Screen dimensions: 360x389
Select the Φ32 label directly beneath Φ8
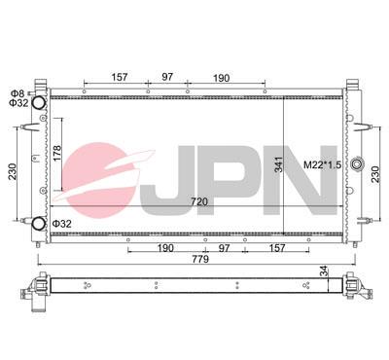[18, 102]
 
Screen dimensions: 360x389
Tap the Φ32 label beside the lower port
[61, 224]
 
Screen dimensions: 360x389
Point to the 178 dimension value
[59, 153]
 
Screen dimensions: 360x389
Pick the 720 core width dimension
[199, 201]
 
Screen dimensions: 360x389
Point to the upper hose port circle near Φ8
[40, 103]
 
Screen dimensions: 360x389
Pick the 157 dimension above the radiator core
[121, 77]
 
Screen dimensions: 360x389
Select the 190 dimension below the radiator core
[164, 248]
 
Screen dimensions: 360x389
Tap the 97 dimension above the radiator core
[167, 77]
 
